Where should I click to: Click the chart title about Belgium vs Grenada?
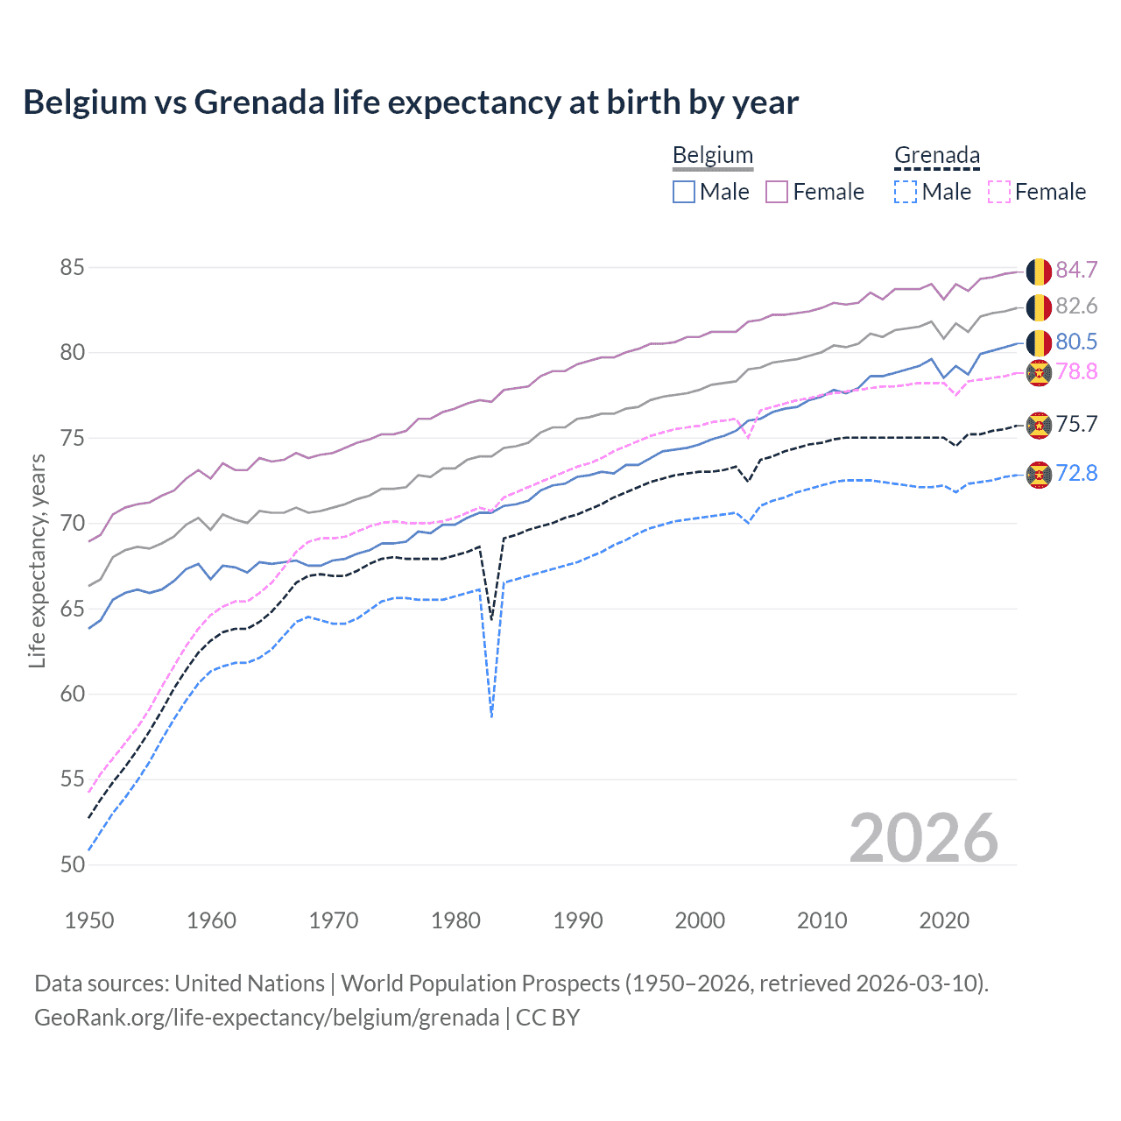click(411, 102)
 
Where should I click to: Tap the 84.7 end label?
click(1076, 270)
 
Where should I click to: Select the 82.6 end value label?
click(1076, 306)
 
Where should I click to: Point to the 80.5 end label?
click(1076, 342)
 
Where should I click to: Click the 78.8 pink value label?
click(1076, 372)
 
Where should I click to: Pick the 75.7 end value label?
click(1076, 425)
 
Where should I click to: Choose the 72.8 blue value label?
click(1076, 474)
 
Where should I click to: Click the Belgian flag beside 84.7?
click(1039, 271)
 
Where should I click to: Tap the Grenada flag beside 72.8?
click(1039, 474)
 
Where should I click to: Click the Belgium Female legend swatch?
click(777, 192)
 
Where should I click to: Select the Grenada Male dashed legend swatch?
click(906, 192)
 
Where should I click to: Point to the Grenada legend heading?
click(936, 156)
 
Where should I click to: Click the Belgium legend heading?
click(712, 156)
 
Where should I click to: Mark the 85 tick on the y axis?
click(73, 267)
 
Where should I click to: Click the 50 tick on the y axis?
click(73, 864)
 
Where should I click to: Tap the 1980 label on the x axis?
click(455, 920)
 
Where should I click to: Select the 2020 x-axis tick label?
click(944, 920)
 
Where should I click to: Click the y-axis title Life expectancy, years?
click(37, 560)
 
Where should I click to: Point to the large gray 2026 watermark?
click(923, 838)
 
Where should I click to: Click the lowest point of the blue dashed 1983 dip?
click(492, 716)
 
